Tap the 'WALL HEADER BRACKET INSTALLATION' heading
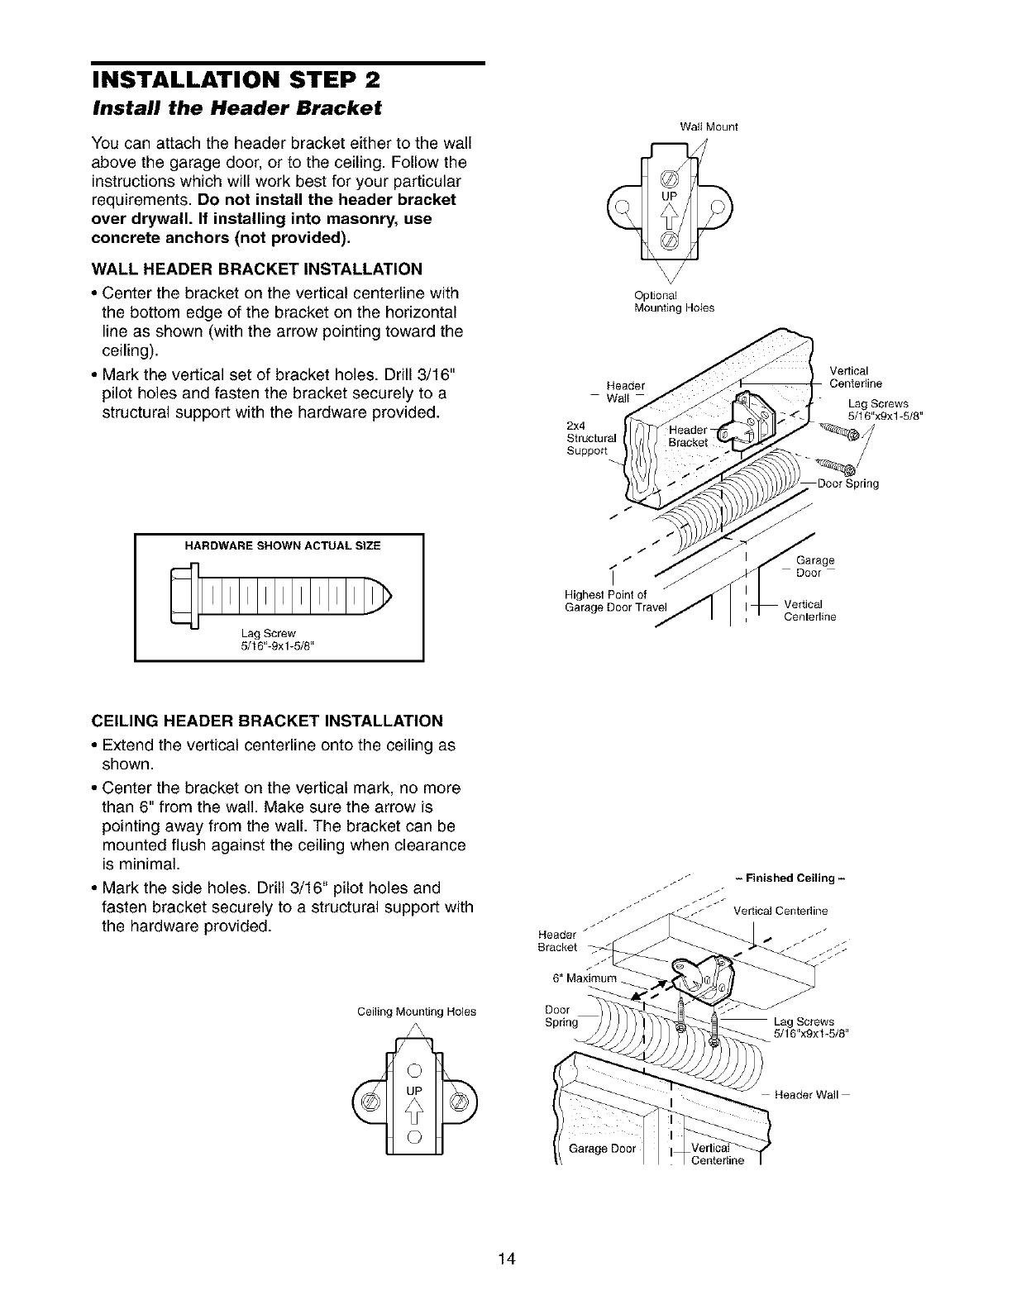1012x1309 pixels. coord(257,269)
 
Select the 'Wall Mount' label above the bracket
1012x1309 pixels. coord(708,127)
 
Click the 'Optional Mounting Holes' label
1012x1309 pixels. coord(673,302)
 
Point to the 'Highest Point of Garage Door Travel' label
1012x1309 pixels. coord(604,602)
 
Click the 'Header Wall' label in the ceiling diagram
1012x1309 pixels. coord(807,1095)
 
